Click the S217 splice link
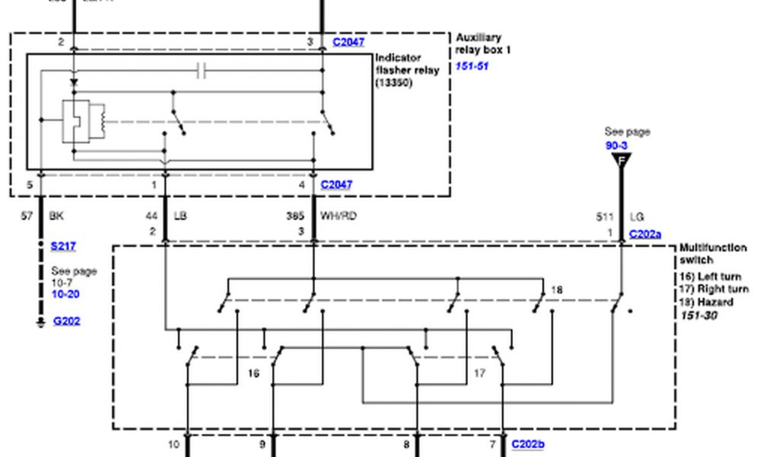[63, 246]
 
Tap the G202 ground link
[66, 321]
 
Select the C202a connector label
[645, 235]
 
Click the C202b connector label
[527, 443]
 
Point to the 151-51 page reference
[472, 66]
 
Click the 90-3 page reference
[617, 144]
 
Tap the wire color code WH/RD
[339, 216]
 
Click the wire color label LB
[180, 216]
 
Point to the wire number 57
[27, 216]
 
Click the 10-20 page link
[65, 294]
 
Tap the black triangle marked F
[622, 160]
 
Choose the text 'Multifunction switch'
[713, 254]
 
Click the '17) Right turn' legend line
[714, 289]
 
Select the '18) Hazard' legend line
[706, 302]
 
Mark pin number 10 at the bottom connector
[174, 444]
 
